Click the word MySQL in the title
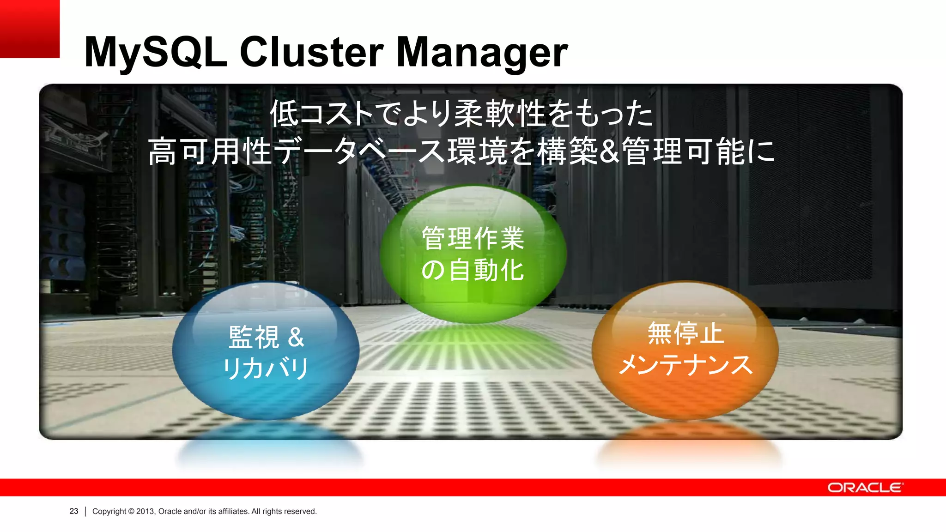point(155,52)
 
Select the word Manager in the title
point(482,52)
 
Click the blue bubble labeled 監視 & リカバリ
point(266,351)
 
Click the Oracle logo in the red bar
point(865,488)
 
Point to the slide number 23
point(74,511)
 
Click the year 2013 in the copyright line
point(145,511)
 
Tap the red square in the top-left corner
point(30,29)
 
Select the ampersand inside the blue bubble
point(296,337)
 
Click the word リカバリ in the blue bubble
point(266,369)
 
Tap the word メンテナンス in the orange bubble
point(685,365)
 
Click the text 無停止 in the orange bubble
point(685,333)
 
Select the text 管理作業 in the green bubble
point(473,238)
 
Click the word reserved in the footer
point(300,511)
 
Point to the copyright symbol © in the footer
point(131,511)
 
